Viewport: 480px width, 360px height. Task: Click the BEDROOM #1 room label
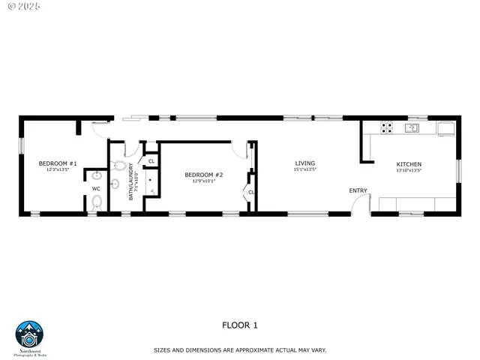point(58,163)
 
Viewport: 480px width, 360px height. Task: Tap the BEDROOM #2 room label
point(204,174)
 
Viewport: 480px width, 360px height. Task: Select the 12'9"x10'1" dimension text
point(204,181)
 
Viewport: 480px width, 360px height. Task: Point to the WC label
point(96,189)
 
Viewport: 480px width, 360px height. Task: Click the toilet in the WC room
point(97,201)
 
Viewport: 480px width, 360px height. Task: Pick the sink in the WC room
point(96,176)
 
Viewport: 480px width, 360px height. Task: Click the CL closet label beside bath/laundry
point(151,160)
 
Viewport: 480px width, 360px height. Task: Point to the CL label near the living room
point(251,192)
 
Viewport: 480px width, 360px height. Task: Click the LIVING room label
point(304,163)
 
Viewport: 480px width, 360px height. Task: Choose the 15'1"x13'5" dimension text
point(304,169)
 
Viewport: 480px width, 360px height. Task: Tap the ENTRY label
point(358,190)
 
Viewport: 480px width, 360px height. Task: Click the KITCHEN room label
point(409,164)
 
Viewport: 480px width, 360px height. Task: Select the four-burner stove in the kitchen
point(387,127)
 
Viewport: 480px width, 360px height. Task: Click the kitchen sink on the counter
point(412,127)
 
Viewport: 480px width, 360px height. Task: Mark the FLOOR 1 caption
point(240,325)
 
